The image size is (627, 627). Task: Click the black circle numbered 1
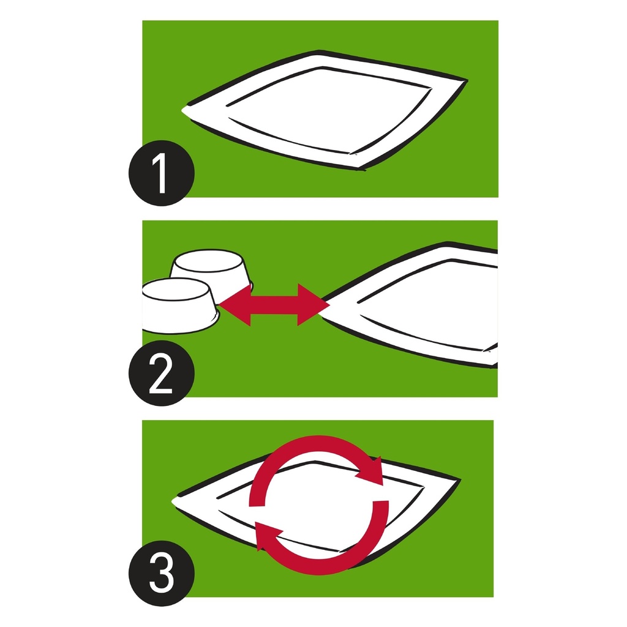162,173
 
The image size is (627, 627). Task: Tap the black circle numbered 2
162,373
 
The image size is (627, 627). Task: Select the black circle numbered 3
162,573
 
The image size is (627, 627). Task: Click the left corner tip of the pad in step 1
182,110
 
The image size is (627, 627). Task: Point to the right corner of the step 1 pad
467,81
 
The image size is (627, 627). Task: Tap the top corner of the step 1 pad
318,51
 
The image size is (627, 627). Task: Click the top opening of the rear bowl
209,261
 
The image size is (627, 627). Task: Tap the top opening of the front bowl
175,289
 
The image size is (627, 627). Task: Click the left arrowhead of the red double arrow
235,305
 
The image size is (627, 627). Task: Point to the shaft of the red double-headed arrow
274,305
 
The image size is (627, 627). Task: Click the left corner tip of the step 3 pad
173,501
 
